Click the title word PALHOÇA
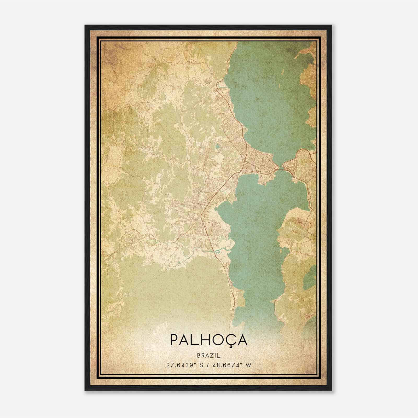coord(209,340)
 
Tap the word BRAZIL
coord(209,355)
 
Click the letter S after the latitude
coord(201,365)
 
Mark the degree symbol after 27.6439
coord(195,363)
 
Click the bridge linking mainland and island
coord(280,169)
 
